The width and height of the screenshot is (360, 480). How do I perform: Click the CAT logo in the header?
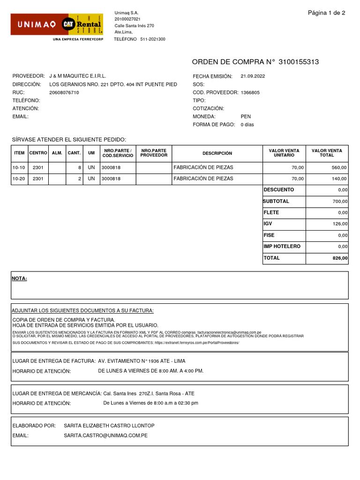pos(68,24)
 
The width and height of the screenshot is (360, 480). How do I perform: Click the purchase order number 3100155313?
pos(299,62)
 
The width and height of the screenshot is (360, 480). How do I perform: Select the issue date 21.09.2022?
pos(253,76)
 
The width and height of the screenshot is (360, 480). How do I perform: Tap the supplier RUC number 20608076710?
pos(64,92)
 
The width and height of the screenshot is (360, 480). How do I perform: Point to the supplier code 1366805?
pos(250,92)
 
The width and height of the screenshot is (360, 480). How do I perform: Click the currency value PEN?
pos(246,116)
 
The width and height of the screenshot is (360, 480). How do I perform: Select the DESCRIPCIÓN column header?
pos(217,153)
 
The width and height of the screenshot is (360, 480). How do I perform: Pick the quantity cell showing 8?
pos(80,167)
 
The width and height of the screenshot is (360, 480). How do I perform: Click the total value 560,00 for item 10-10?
pos(339,167)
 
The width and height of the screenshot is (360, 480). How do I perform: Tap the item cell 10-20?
pos(19,179)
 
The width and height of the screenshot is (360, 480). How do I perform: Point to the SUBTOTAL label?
pos(276,201)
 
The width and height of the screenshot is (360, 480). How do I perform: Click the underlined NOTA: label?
pos(19,278)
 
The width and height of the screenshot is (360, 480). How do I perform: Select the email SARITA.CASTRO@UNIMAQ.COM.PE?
pos(105,435)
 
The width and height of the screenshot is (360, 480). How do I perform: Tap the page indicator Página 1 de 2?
pos(326,13)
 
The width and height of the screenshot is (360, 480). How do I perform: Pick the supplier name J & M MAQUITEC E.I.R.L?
pos(78,76)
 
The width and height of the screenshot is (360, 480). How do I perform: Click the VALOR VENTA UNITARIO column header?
pos(284,153)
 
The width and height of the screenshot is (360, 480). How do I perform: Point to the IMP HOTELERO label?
pos(282,246)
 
